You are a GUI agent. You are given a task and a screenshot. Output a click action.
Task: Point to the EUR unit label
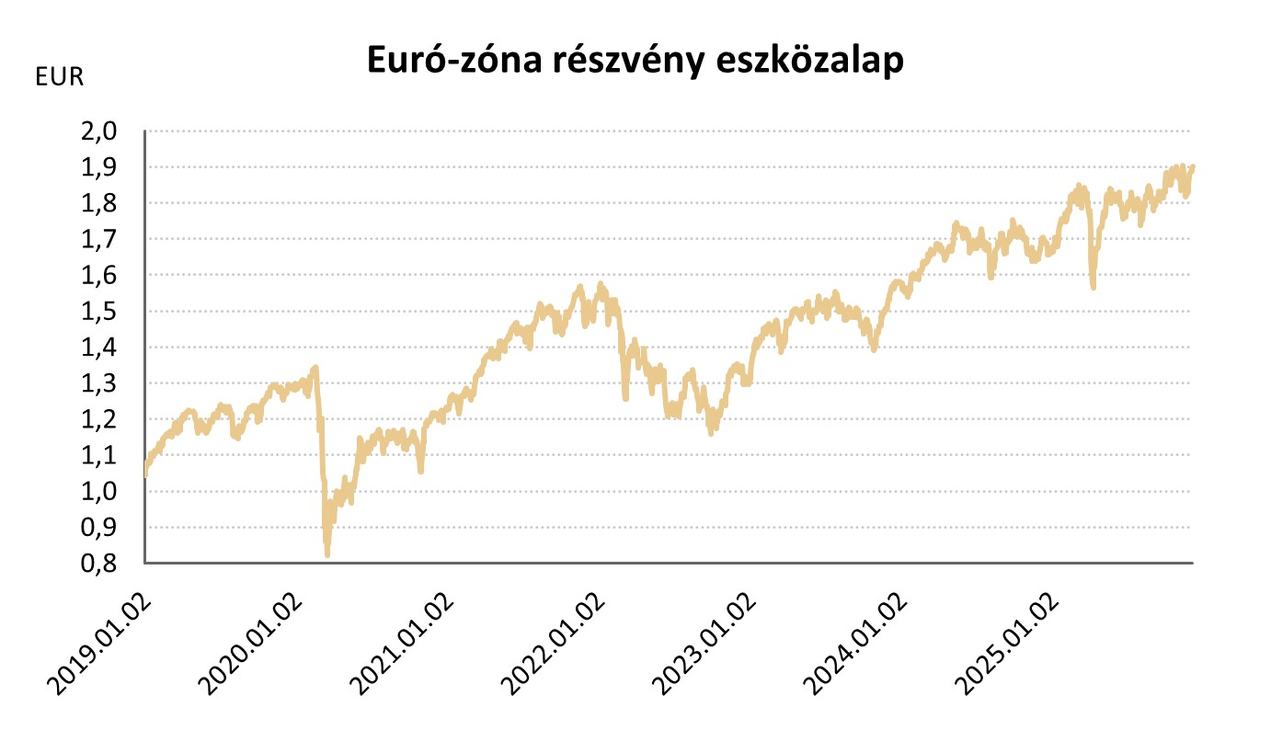pyautogui.click(x=59, y=77)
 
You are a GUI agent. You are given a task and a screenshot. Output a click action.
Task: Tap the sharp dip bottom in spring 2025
pyautogui.click(x=1093, y=287)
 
